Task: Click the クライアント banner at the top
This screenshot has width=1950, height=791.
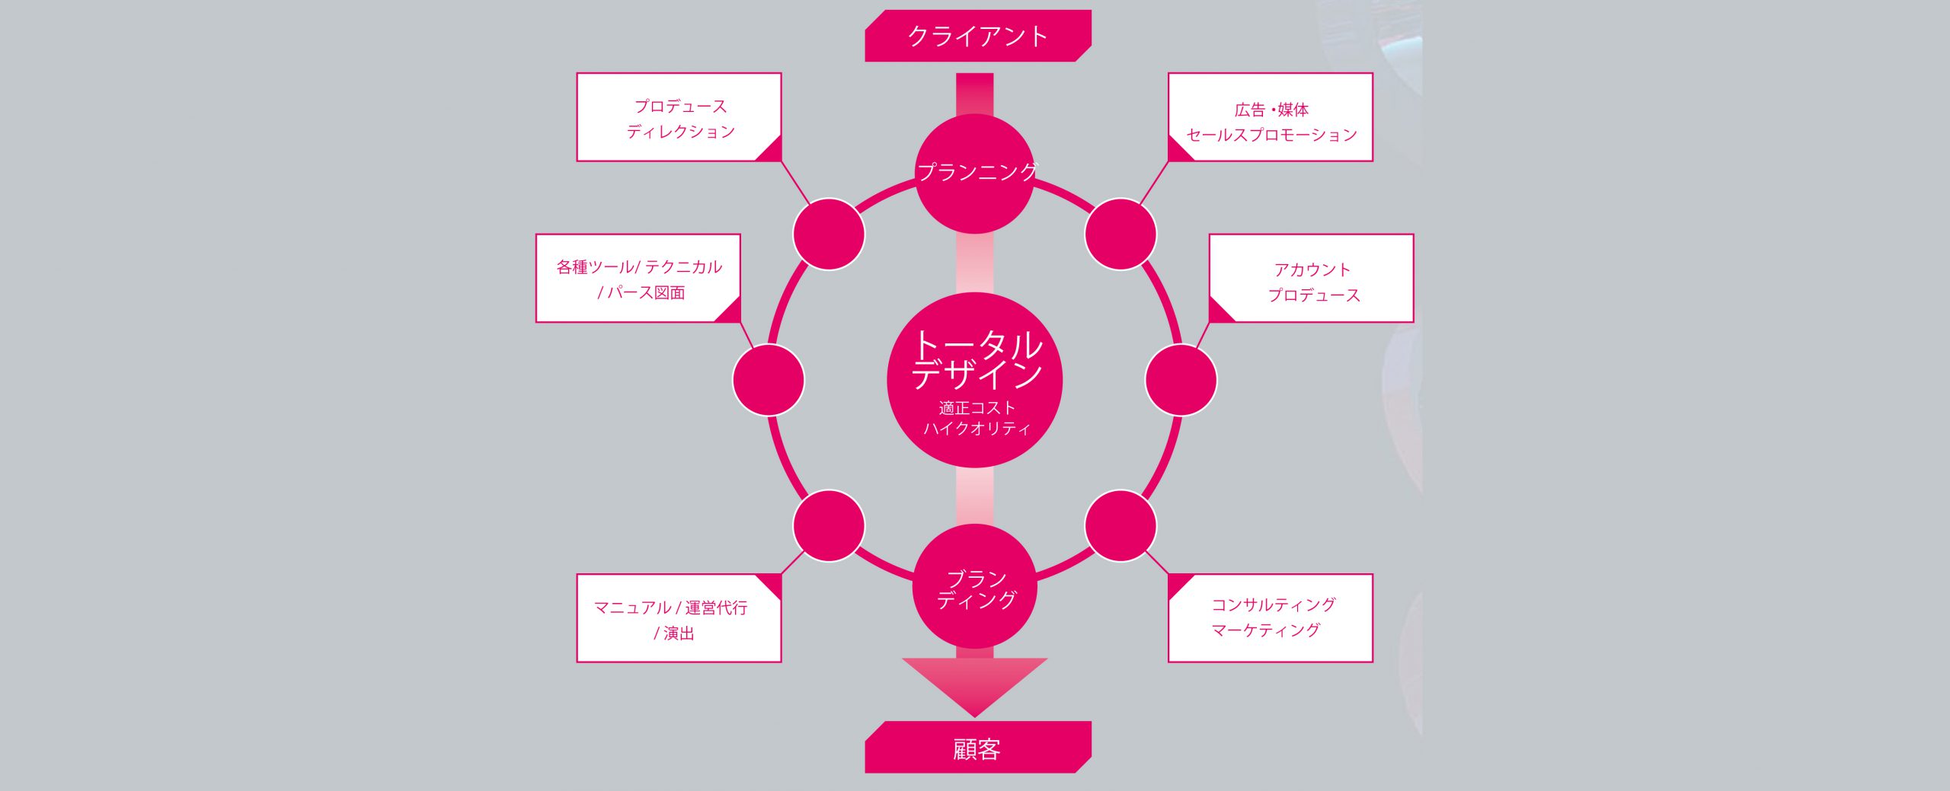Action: (x=977, y=36)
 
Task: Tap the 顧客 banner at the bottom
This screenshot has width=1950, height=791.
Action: (x=977, y=748)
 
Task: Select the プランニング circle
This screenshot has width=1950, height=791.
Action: (x=975, y=174)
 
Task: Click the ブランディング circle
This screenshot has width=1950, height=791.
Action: (x=975, y=586)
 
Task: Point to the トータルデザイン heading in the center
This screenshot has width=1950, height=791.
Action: (x=977, y=358)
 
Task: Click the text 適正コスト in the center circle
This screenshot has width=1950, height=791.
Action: (x=977, y=408)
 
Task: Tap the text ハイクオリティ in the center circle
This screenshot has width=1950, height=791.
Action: (x=977, y=429)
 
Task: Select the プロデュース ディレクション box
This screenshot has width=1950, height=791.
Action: (x=679, y=117)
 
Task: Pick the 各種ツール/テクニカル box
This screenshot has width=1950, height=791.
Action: (x=638, y=279)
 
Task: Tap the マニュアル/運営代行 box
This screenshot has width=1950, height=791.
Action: (x=679, y=618)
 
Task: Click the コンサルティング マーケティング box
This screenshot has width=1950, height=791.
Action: (x=1271, y=618)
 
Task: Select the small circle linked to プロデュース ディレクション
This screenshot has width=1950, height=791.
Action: (x=829, y=234)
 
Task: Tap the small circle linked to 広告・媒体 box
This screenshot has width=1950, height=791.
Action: (x=1120, y=234)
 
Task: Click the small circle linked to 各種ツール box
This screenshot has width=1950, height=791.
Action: (x=769, y=380)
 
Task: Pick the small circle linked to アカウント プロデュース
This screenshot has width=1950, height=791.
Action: (x=1181, y=380)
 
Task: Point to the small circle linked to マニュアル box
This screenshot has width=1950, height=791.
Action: (x=829, y=526)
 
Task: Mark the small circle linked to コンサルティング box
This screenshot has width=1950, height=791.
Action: (x=1120, y=526)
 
